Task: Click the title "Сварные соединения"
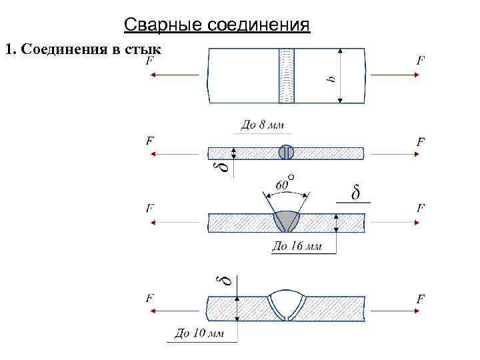217,25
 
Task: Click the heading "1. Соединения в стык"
83,49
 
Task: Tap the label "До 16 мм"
297,246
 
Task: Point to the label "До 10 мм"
199,333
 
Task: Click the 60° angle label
283,181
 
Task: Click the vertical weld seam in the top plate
287,75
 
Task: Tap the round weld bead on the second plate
286,152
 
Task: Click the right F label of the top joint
421,61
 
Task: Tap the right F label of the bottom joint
421,299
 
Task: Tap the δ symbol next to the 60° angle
356,193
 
